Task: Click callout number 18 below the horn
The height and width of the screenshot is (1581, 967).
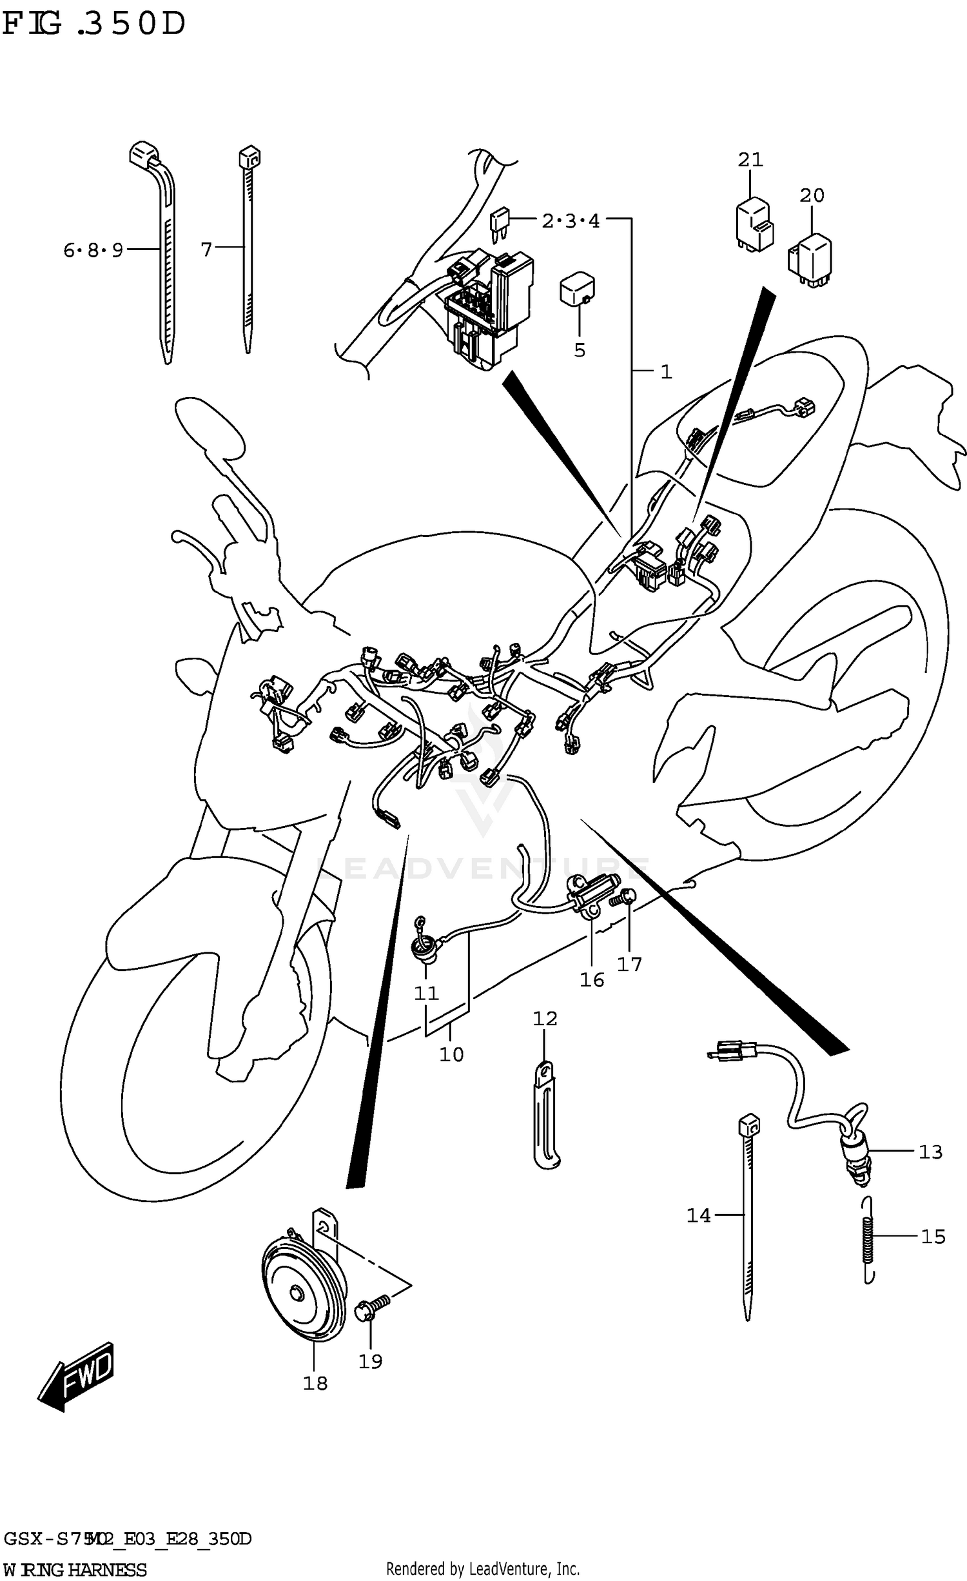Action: (315, 1383)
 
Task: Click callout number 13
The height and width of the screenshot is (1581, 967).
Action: (930, 1152)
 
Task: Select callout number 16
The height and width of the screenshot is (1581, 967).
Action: (591, 980)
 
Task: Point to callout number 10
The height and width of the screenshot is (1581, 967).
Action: (451, 1055)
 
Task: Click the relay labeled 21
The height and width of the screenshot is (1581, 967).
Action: (754, 226)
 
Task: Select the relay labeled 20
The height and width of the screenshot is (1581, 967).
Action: (811, 260)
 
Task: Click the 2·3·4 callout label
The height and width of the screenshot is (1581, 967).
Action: (571, 221)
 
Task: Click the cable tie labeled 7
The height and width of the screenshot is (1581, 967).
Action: (248, 251)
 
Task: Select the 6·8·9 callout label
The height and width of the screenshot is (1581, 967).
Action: (93, 250)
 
